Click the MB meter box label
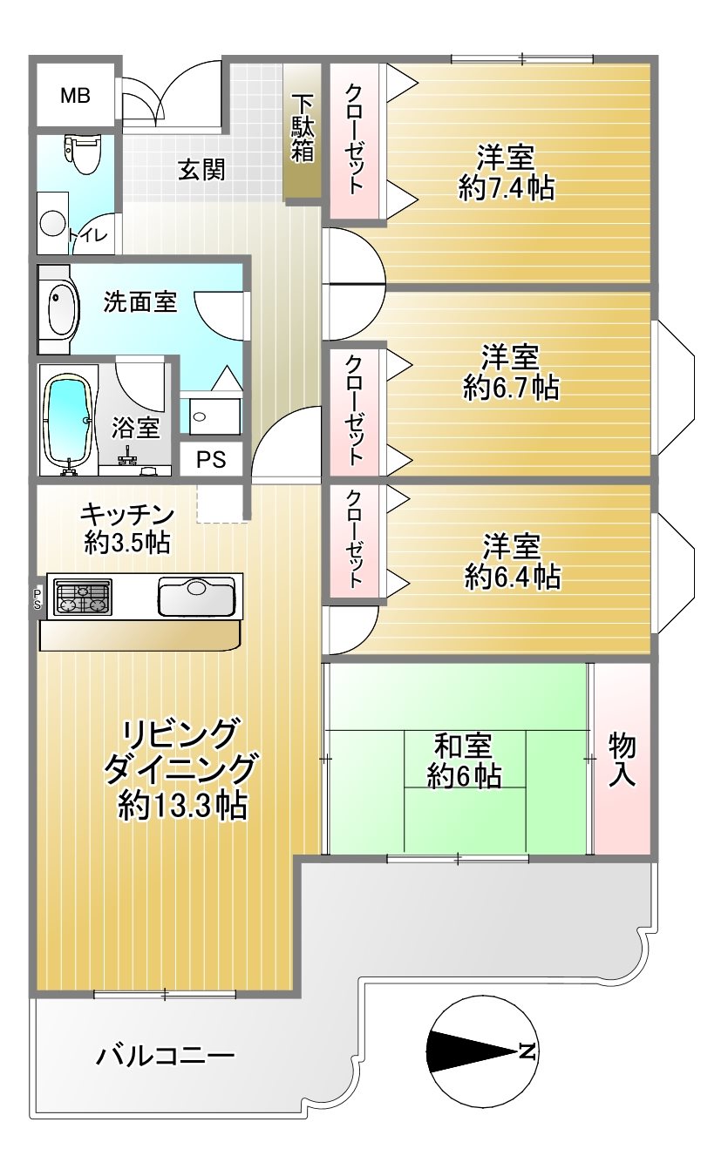click(x=75, y=96)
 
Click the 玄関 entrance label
click(x=202, y=170)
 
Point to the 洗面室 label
click(x=140, y=301)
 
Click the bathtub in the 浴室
click(x=69, y=421)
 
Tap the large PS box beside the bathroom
click(x=212, y=459)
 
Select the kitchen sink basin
click(x=197, y=596)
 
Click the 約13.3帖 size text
click(x=182, y=806)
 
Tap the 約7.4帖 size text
click(x=507, y=188)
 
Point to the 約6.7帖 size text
click(x=511, y=388)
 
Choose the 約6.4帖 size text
click(x=513, y=578)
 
